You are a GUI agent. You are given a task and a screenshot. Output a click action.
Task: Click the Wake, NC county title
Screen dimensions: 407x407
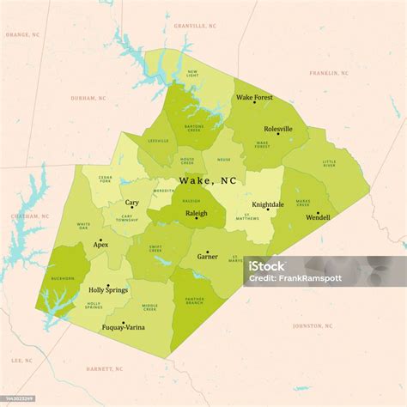(x=207, y=181)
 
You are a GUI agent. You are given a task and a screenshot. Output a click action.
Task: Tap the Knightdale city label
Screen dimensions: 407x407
(x=267, y=204)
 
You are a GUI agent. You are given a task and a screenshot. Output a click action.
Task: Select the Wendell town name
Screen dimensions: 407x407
(x=318, y=218)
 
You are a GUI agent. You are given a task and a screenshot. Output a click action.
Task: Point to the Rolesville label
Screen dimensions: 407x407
(x=278, y=129)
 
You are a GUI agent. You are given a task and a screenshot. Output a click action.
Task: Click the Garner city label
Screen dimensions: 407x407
(x=207, y=257)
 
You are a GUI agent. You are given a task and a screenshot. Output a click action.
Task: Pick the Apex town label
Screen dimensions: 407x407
(x=100, y=245)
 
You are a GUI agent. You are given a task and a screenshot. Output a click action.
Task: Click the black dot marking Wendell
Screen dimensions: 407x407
(x=318, y=212)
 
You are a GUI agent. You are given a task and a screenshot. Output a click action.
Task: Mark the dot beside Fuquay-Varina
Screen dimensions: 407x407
(x=124, y=322)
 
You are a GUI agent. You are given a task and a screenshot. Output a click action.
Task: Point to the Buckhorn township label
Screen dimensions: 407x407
(x=63, y=279)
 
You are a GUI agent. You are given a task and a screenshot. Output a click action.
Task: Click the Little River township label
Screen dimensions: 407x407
(x=330, y=163)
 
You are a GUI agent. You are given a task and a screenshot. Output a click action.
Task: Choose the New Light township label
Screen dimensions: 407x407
(x=193, y=74)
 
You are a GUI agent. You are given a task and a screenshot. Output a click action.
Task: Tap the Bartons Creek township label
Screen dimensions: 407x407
(x=193, y=128)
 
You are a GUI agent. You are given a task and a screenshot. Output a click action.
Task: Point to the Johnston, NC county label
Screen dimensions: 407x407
(x=312, y=325)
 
